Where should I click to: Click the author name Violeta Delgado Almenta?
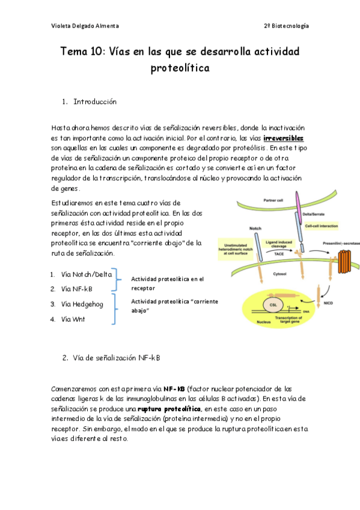(85, 26)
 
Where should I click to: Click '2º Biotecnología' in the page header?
(286, 26)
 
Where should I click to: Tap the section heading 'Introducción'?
(95, 102)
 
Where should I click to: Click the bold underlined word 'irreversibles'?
(287, 138)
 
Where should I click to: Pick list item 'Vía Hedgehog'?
(82, 304)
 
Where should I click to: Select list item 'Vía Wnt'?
(73, 319)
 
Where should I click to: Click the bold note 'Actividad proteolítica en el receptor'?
(167, 283)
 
